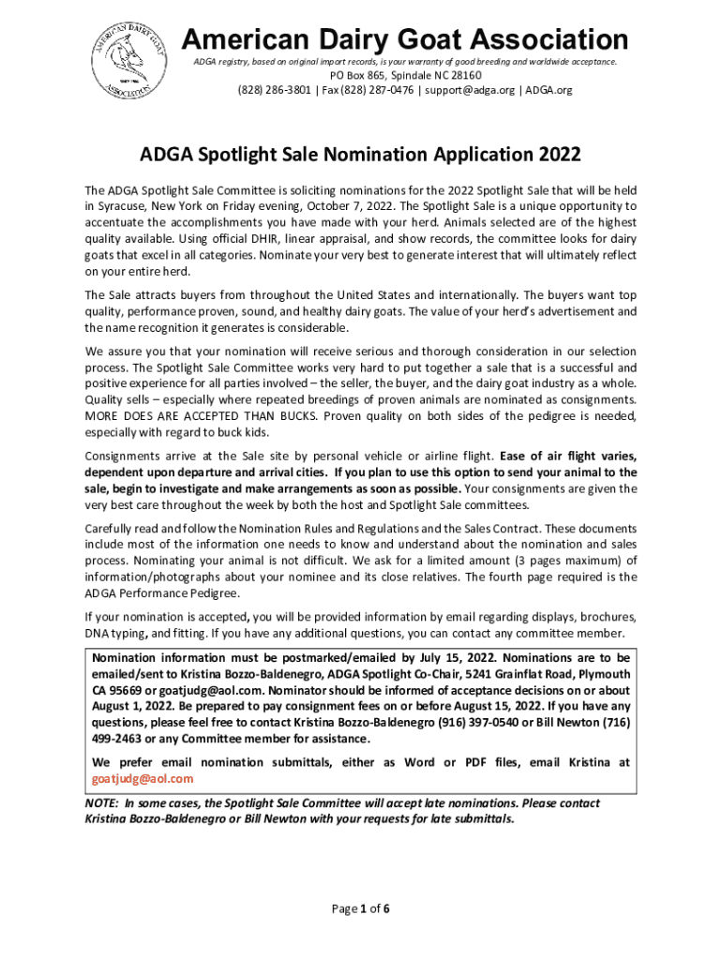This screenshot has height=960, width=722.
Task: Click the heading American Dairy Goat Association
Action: tap(404, 39)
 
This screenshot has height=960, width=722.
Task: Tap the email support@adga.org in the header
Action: tap(467, 90)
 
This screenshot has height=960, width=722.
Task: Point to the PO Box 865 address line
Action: tap(404, 76)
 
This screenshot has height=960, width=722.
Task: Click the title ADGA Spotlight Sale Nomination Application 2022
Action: tap(360, 153)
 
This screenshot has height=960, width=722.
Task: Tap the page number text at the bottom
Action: tap(360, 908)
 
